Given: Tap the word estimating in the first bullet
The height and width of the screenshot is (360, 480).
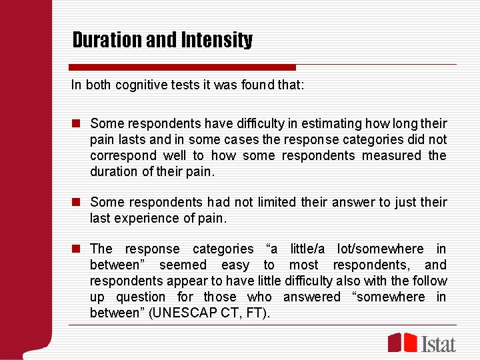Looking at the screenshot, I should click(311, 123).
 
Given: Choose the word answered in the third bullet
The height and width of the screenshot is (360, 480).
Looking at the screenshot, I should click(313, 297).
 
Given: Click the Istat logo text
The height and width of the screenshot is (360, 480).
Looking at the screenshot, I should click(439, 344).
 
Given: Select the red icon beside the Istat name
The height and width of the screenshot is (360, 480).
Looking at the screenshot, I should click(403, 342).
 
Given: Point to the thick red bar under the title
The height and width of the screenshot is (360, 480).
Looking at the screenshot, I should click(182, 67).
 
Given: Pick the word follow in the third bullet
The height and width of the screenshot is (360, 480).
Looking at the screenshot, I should click(430, 281).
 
